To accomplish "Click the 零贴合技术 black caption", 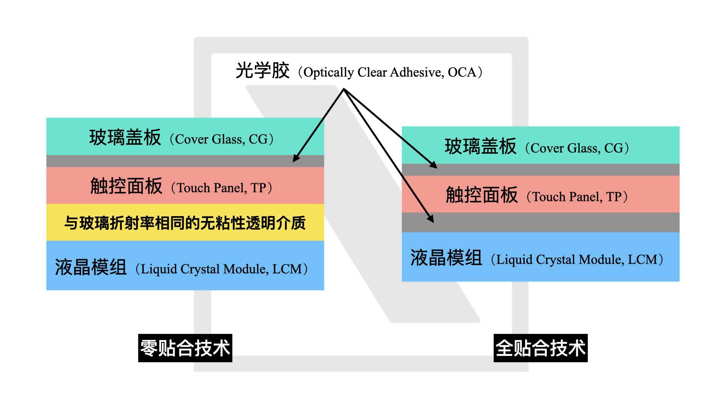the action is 185,348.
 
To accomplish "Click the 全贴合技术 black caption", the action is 540,348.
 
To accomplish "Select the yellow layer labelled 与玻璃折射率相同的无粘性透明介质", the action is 185,223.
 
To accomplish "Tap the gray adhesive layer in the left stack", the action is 185,161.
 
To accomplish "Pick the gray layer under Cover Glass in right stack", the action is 540,170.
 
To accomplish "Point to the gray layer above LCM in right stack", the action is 540,222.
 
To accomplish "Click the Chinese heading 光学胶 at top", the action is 262,71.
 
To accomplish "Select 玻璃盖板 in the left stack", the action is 125,137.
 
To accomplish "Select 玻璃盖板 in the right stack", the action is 480,146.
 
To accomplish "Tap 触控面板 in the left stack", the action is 126,186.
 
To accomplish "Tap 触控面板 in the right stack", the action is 482,195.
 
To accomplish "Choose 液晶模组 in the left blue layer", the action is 91,267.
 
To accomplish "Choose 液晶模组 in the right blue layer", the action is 446,258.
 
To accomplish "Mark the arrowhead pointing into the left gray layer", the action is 296,158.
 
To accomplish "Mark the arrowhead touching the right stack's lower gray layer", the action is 431,218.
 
